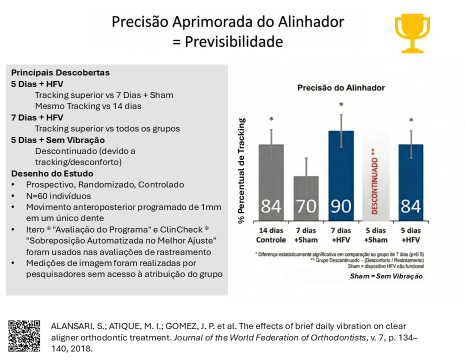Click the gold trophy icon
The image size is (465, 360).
click(412, 33)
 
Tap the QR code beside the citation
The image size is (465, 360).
click(24, 335)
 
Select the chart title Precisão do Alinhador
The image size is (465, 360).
click(341, 87)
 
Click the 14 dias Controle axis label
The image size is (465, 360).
click(271, 234)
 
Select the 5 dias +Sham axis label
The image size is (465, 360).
click(376, 234)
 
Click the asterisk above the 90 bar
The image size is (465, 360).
click(341, 105)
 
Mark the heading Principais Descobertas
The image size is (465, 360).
click(60, 72)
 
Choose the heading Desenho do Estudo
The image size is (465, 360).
click(52, 173)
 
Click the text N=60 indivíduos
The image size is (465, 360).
click(58, 196)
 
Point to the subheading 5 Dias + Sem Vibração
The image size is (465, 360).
click(57, 140)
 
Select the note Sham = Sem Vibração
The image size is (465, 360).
click(386, 276)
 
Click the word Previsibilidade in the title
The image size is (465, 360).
click(234, 41)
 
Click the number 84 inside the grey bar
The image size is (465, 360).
click(271, 205)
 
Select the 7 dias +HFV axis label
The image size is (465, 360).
click(341, 234)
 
